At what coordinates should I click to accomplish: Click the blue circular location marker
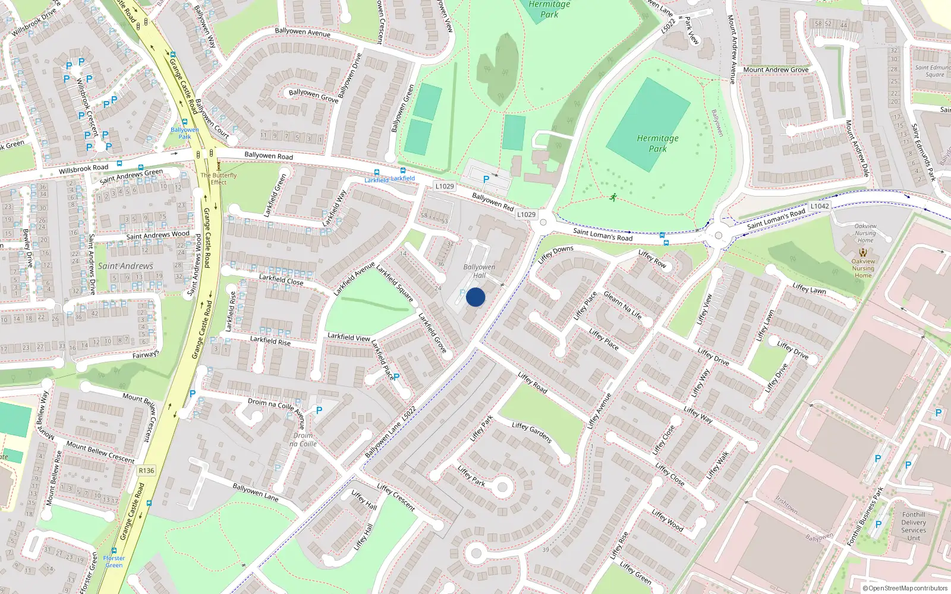click(475, 297)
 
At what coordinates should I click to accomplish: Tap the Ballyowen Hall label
click(479, 271)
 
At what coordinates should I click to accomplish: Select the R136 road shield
click(146, 470)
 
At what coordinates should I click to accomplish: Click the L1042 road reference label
click(820, 206)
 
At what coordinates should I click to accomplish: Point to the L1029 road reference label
click(445, 186)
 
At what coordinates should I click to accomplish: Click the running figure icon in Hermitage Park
click(613, 197)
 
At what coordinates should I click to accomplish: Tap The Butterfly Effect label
click(218, 179)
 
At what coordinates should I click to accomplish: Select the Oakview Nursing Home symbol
click(863, 252)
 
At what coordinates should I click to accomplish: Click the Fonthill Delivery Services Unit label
click(914, 526)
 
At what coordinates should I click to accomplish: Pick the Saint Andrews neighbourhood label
click(125, 266)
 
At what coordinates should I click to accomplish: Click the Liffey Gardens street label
click(532, 432)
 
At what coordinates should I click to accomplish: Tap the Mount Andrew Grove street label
click(776, 69)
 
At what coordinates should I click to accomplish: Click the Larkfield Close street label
click(281, 279)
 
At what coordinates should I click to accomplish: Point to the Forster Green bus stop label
click(114, 561)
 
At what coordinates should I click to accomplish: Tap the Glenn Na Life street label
click(622, 305)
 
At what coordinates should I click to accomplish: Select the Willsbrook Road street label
click(84, 169)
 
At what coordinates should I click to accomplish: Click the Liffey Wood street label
click(667, 520)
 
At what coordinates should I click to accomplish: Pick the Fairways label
click(146, 355)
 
